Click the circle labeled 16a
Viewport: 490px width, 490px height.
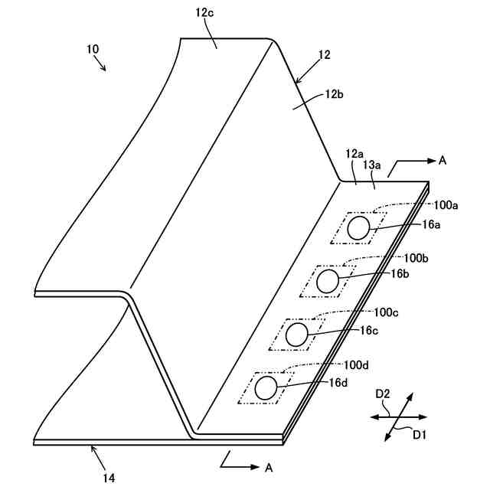(x=358, y=228)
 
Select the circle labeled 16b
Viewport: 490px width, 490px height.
(x=328, y=281)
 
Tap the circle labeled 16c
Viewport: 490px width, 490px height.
(x=297, y=334)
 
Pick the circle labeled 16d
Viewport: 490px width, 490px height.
(x=266, y=387)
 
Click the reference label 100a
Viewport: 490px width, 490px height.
(x=446, y=205)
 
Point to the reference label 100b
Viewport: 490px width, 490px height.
(x=416, y=257)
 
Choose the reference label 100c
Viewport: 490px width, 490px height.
(x=387, y=312)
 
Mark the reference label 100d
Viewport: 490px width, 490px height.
(x=357, y=364)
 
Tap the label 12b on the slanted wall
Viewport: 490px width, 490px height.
(x=334, y=94)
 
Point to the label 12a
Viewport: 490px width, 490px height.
(x=354, y=154)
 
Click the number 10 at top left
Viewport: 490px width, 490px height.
(x=93, y=49)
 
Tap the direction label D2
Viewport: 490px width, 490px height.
(x=383, y=394)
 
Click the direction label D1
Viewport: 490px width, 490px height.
(x=420, y=435)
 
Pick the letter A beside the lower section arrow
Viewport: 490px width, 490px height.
(x=268, y=466)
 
